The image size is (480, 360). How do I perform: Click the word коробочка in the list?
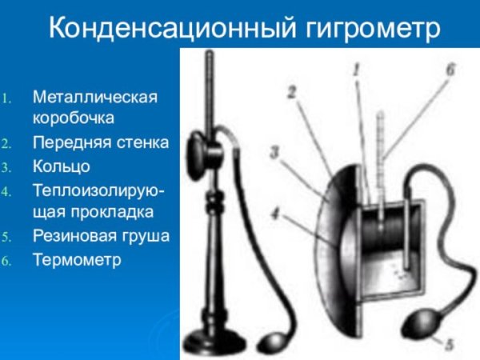tap(74, 118)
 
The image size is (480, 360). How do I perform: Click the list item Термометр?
tap(77, 259)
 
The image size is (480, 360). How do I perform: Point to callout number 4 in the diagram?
tap(275, 214)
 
